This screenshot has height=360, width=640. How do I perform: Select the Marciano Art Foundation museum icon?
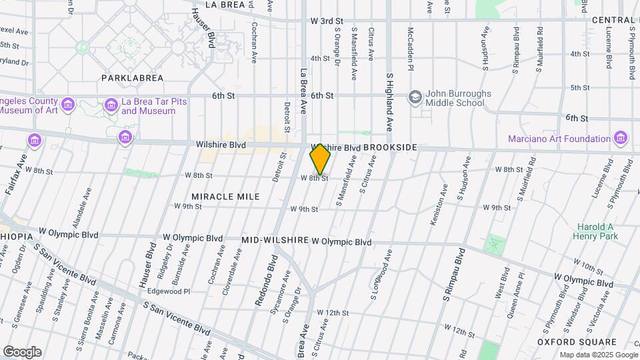(621, 139)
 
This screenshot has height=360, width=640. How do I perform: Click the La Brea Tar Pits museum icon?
(111, 105)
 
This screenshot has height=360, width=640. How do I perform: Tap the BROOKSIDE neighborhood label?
(390, 147)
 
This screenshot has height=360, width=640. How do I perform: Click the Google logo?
(22, 351)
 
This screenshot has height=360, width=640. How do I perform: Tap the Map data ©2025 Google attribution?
(598, 355)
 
